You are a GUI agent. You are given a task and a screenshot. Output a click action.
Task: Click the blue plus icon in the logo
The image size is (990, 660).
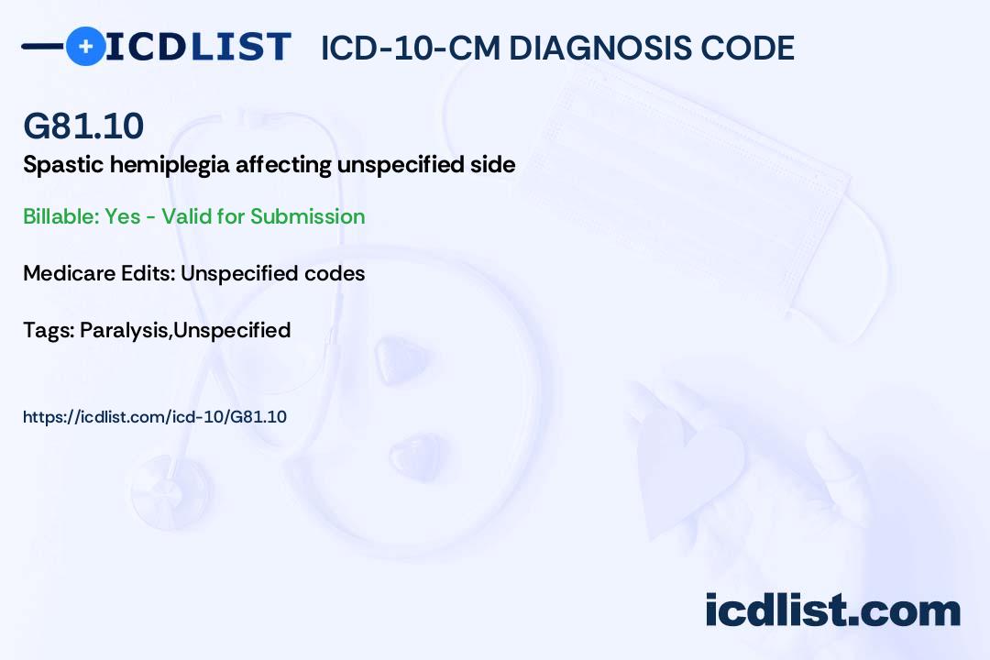[x=85, y=47]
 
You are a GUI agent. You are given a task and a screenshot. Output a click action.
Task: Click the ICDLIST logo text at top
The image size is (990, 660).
[x=198, y=47]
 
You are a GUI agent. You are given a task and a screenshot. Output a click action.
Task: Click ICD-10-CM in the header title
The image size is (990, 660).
[x=409, y=49]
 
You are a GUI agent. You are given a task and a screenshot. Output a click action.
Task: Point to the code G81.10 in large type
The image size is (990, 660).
[x=83, y=126]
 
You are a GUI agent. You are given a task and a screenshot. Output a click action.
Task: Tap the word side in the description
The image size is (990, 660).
[x=493, y=165]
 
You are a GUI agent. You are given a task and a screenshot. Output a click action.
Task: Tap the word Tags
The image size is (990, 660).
[x=47, y=330]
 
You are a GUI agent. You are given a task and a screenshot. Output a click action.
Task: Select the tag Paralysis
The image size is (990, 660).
[x=124, y=330]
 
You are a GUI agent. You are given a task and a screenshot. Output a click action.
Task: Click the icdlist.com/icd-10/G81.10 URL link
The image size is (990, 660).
[x=155, y=417]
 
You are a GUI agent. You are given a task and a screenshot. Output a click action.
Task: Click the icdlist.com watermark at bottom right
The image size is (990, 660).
[x=832, y=610]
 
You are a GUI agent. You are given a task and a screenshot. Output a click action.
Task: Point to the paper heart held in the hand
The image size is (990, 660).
[x=692, y=467]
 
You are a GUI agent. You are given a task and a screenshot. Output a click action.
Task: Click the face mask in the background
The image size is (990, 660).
[x=697, y=174]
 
